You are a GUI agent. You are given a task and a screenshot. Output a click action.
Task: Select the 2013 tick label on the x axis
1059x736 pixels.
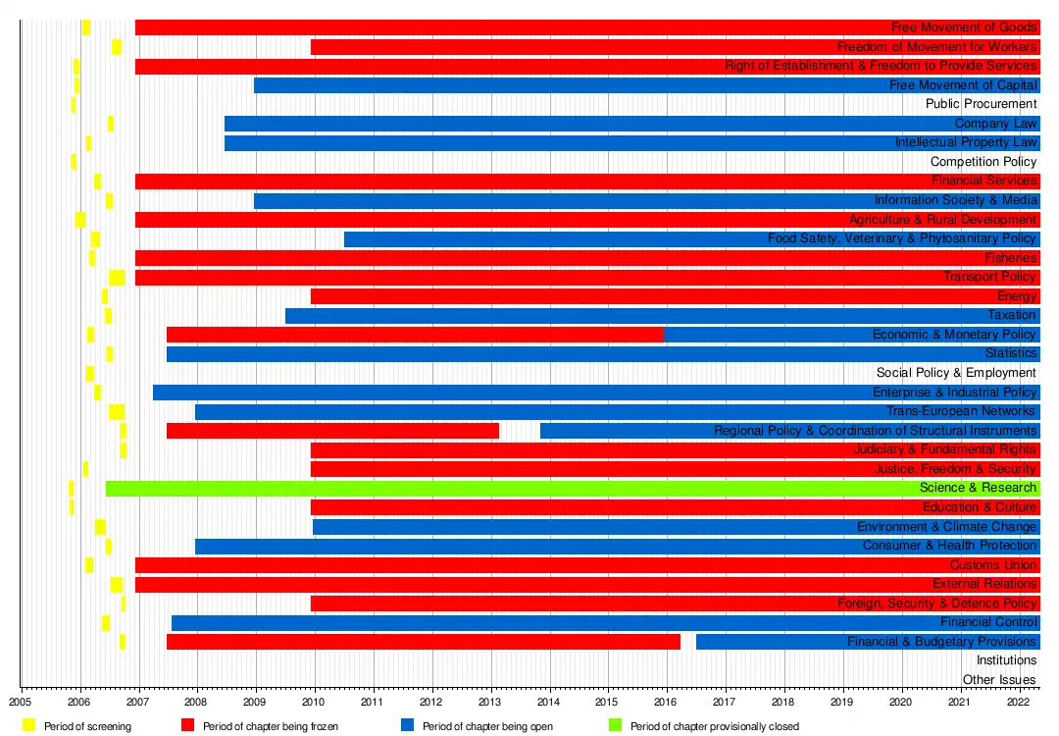pyautogui.click(x=489, y=702)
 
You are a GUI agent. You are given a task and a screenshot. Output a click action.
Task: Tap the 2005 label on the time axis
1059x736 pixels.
pyautogui.click(x=22, y=702)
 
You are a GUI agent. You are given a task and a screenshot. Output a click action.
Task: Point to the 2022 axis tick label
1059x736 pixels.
pyautogui.click(x=1018, y=702)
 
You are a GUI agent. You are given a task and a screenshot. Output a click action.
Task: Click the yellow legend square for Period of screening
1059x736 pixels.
pyautogui.click(x=28, y=726)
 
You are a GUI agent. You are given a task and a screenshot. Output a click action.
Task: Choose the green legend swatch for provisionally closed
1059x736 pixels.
pyautogui.click(x=615, y=726)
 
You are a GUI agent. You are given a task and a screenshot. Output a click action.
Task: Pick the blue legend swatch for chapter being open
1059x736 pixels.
pyautogui.click(x=407, y=726)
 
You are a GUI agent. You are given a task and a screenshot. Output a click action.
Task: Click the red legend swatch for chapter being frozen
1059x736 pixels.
pyautogui.click(x=187, y=726)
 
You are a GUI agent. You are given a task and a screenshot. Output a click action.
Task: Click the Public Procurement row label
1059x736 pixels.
pyautogui.click(x=981, y=104)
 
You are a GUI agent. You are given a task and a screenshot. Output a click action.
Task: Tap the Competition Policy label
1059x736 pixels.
pyautogui.click(x=983, y=162)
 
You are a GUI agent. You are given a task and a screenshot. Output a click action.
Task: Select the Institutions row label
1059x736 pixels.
pyautogui.click(x=1006, y=661)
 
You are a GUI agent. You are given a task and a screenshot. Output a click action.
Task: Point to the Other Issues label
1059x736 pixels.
pyautogui.click(x=998, y=680)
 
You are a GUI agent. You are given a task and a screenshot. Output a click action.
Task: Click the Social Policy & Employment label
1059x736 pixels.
pyautogui.click(x=956, y=373)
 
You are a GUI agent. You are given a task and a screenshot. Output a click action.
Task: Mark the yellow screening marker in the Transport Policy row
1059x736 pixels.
pyautogui.click(x=117, y=278)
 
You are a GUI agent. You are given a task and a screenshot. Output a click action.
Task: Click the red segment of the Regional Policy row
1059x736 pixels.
pyautogui.click(x=332, y=431)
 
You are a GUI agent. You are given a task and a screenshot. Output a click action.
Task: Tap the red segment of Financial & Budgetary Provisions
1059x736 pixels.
pyautogui.click(x=423, y=642)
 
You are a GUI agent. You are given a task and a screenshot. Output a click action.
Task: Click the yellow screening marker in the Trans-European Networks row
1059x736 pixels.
pyautogui.click(x=117, y=412)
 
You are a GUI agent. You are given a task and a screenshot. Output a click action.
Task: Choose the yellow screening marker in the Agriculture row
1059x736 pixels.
pyautogui.click(x=80, y=220)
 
